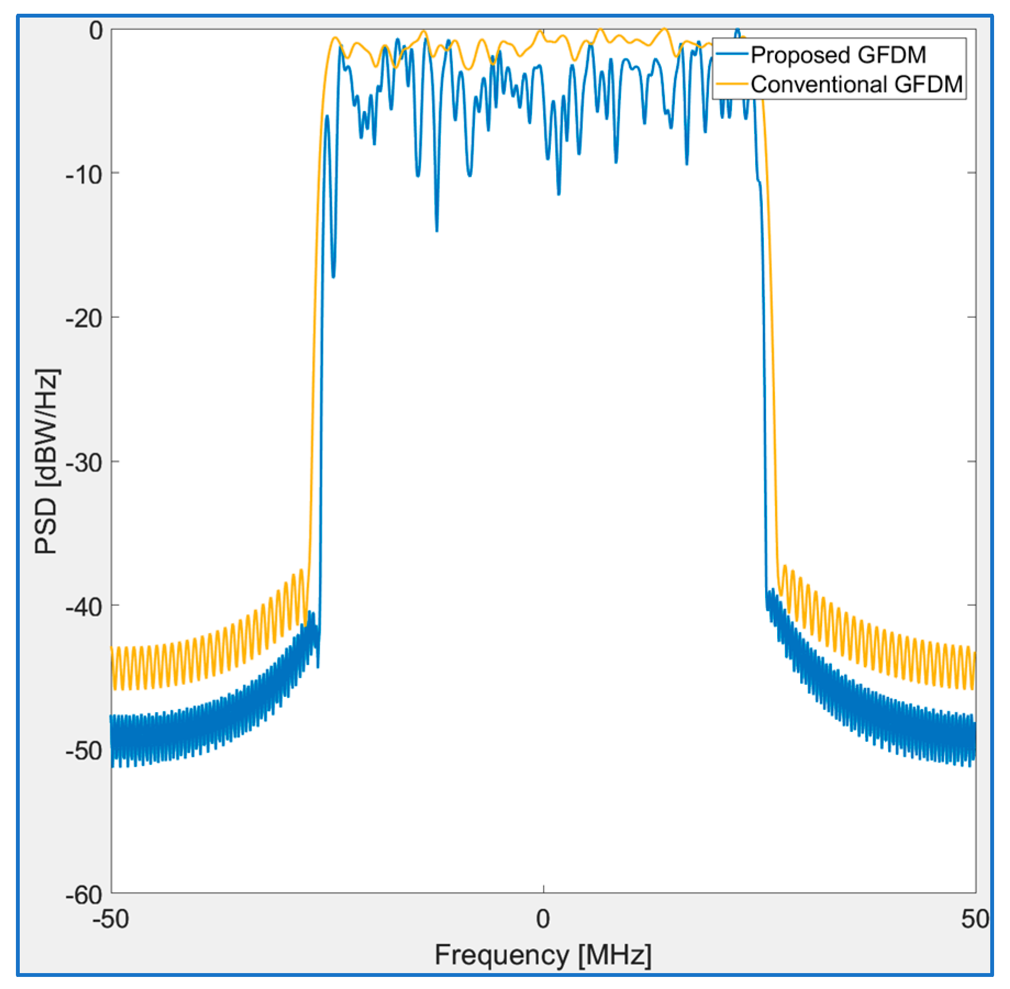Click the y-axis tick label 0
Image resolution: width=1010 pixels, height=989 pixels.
pyautogui.click(x=96, y=31)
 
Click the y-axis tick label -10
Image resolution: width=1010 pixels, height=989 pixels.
pyautogui.click(x=84, y=175)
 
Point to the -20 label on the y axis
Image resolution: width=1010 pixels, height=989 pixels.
pyautogui.click(x=84, y=319)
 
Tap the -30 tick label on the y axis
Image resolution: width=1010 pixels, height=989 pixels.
pyautogui.click(x=84, y=463)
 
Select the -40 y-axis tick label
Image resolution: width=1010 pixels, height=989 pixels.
pyautogui.click(x=84, y=607)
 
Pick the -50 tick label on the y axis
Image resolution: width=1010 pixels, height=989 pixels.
pyautogui.click(x=84, y=751)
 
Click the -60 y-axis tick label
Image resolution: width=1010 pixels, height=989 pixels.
pyautogui.click(x=84, y=895)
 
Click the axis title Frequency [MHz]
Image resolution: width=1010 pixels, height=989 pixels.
pyautogui.click(x=543, y=955)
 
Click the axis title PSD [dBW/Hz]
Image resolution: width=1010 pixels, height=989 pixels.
pyautogui.click(x=47, y=461)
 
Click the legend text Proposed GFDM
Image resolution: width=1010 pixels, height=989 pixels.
pyautogui.click(x=838, y=55)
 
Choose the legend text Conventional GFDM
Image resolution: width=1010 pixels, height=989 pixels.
pyautogui.click(x=857, y=84)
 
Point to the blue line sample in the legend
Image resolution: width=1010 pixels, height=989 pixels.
pyautogui.click(x=732, y=54)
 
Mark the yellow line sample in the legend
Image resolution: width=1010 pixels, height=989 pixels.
pyautogui.click(x=732, y=83)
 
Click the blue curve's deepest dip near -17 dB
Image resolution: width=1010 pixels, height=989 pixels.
pyautogui.click(x=333, y=276)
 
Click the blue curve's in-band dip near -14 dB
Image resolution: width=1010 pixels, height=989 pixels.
pyautogui.click(x=437, y=231)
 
